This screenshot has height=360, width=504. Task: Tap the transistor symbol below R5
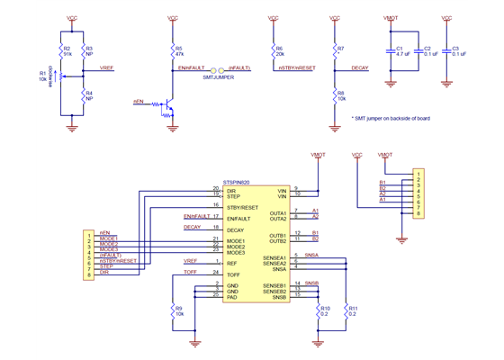170,106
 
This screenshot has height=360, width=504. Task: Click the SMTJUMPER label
219,78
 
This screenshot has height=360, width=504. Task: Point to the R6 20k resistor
272,50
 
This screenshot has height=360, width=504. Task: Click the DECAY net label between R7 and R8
359,68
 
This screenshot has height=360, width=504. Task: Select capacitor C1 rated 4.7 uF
392,51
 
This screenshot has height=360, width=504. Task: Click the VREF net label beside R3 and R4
106,68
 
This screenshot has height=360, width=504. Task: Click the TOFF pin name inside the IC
235,273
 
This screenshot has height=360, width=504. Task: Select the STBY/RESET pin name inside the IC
243,207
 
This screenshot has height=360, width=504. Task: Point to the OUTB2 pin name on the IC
277,241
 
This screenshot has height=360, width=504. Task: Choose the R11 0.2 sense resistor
346,311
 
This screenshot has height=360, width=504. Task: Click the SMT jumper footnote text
392,118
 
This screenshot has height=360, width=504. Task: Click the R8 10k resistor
335,95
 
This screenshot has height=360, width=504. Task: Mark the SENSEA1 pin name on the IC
274,257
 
